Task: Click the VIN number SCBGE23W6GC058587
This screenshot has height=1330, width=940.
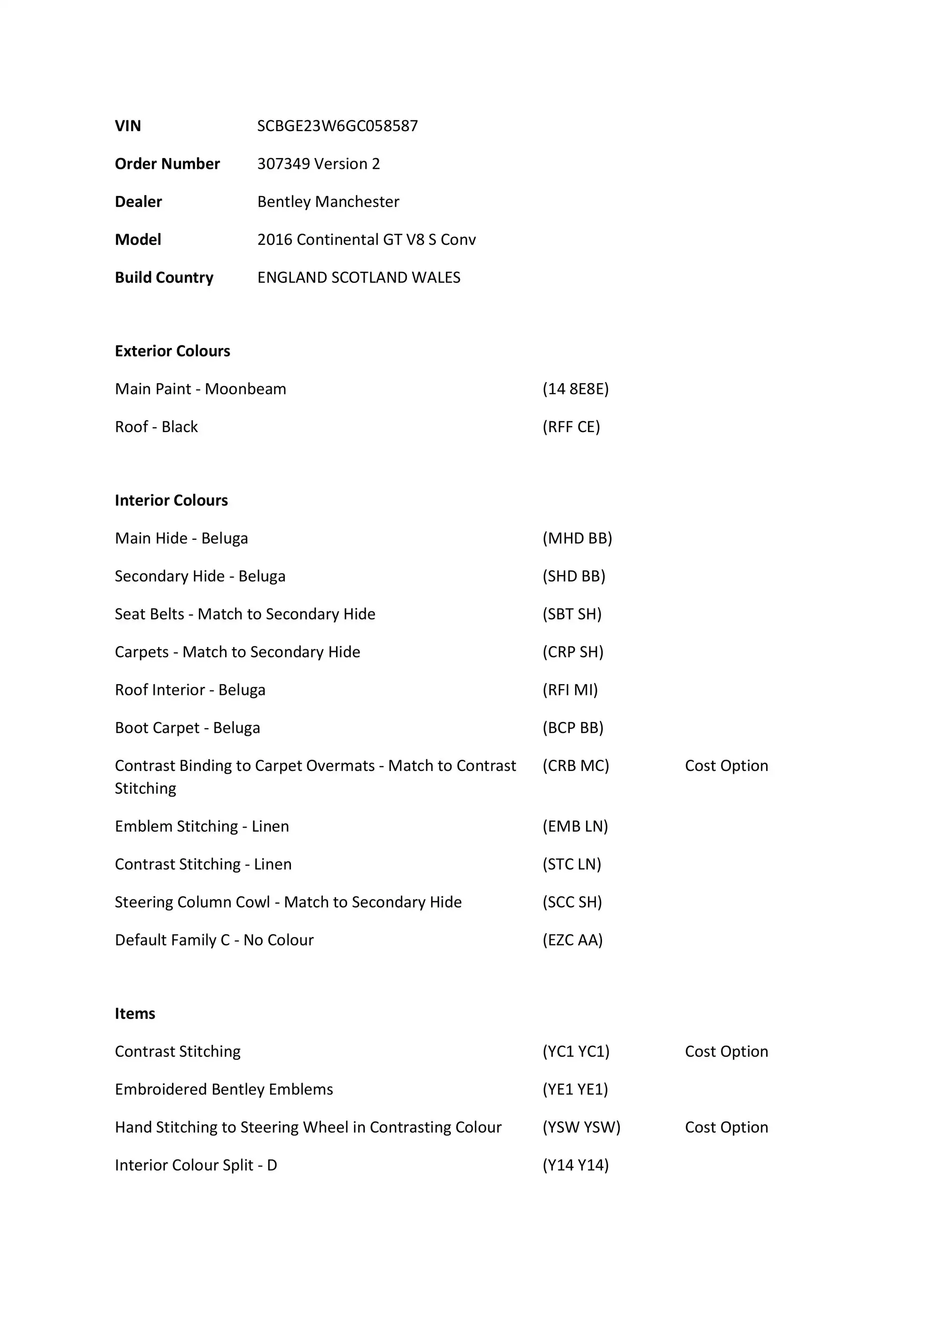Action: pyautogui.click(x=337, y=126)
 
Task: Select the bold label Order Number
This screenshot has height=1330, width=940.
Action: pyautogui.click(x=167, y=164)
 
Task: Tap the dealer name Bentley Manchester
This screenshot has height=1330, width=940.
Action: pyautogui.click(x=328, y=202)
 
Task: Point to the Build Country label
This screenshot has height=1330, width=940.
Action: pyautogui.click(x=164, y=277)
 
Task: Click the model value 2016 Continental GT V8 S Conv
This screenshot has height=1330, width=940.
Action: pyautogui.click(x=366, y=240)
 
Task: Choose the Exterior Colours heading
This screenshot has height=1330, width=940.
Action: pyautogui.click(x=172, y=351)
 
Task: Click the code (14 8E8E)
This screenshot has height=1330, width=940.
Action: pyautogui.click(x=575, y=389)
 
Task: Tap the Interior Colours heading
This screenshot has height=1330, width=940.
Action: pyautogui.click(x=171, y=501)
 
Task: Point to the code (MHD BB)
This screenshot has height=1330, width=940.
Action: pyautogui.click(x=577, y=538)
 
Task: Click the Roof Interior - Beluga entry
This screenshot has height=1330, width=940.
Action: pyautogui.click(x=190, y=690)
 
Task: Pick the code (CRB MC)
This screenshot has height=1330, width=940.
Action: pyautogui.click(x=575, y=766)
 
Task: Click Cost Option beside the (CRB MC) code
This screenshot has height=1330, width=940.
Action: pyautogui.click(x=726, y=766)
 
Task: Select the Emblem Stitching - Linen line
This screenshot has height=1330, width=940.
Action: pyautogui.click(x=202, y=826)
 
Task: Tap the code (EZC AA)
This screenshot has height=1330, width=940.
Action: pyautogui.click(x=572, y=940)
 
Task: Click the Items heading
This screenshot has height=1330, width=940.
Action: pyautogui.click(x=135, y=1014)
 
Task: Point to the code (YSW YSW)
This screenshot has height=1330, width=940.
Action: pyautogui.click(x=581, y=1127)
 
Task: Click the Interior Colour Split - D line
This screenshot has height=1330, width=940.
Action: pyautogui.click(x=196, y=1165)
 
